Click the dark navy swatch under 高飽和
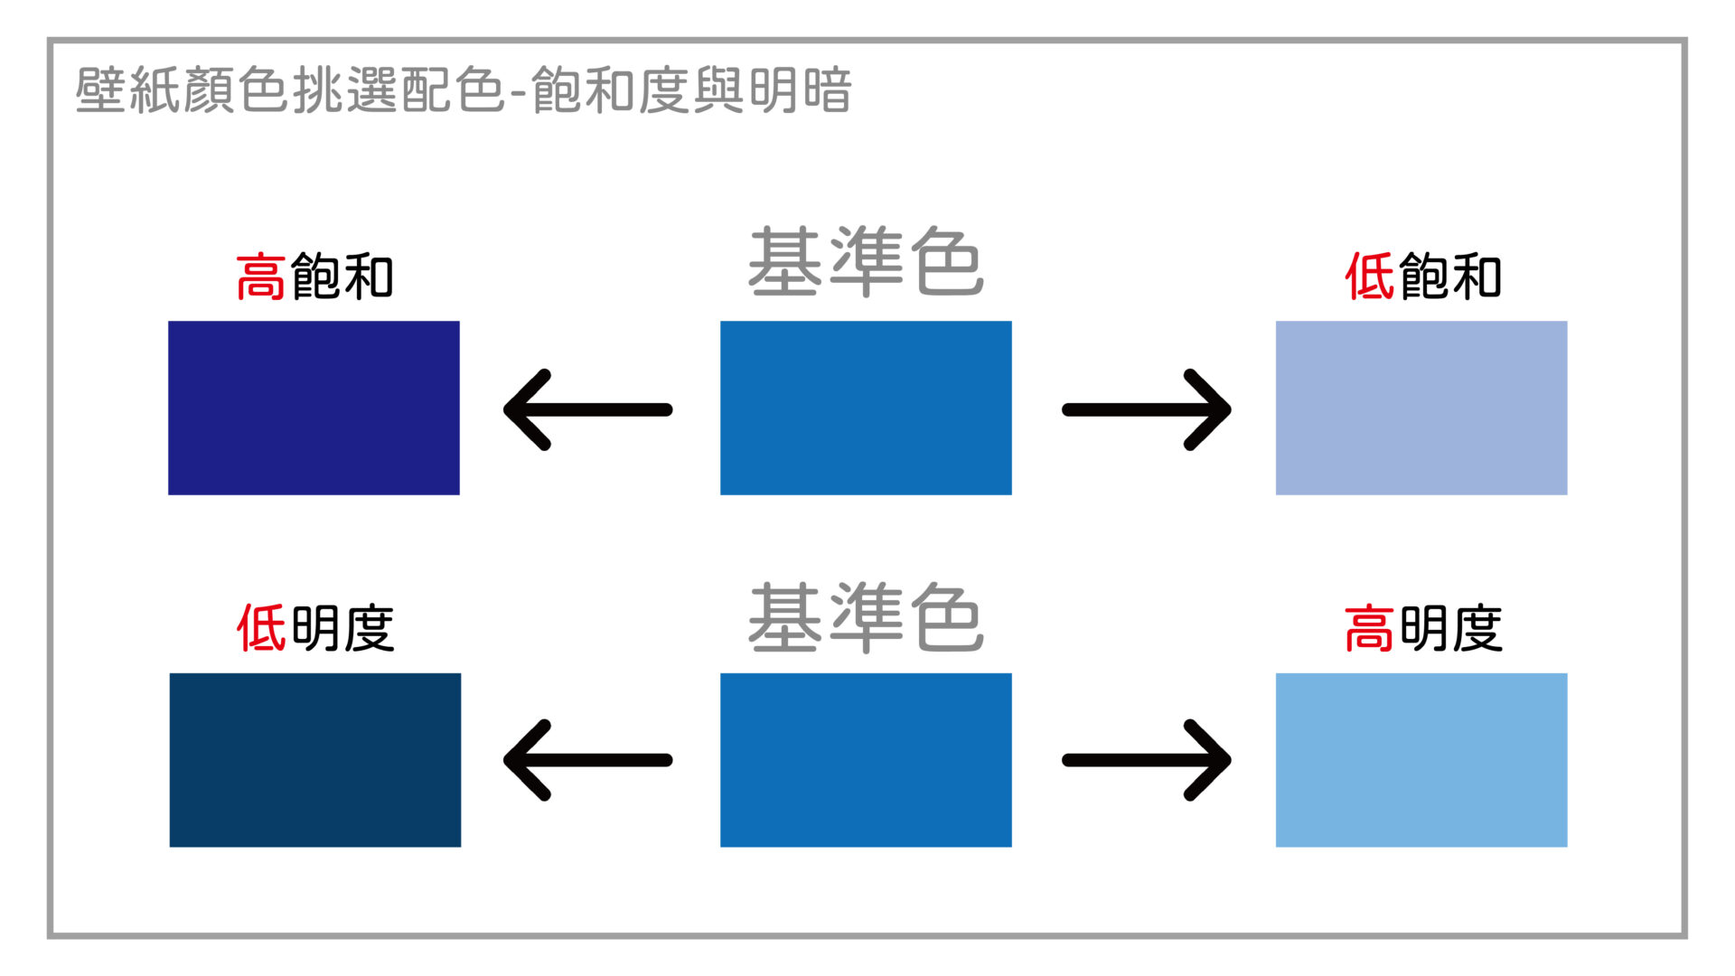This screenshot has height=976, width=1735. coord(314,408)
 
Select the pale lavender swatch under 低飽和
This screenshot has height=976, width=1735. coord(1421,408)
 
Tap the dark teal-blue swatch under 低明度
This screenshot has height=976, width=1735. coord(315,760)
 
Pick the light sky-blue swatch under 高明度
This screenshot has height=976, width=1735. coord(1421,760)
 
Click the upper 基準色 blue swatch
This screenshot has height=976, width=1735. coord(866,408)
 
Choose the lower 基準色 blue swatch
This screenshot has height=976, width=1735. coord(866,760)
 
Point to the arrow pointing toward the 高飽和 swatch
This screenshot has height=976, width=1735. coord(587,409)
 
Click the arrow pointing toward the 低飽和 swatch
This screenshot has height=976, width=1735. coord(1146,409)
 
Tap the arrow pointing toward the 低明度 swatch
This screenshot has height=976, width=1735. coord(587,760)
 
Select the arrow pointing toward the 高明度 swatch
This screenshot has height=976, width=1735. coord(1146,760)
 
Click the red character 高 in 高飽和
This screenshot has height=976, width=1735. coord(261,277)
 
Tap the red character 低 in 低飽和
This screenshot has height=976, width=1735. coord(1370,277)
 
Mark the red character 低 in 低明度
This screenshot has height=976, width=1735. coord(261,628)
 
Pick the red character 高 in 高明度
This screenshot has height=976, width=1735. coord(1369,628)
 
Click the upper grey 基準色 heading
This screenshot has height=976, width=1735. coord(866,262)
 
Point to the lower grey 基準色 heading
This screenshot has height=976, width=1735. coord(866,618)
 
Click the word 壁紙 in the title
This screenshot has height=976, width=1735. coord(128,90)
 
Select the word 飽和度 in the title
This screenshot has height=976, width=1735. coord(611,90)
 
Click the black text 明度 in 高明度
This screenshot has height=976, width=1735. coord(1451,628)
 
